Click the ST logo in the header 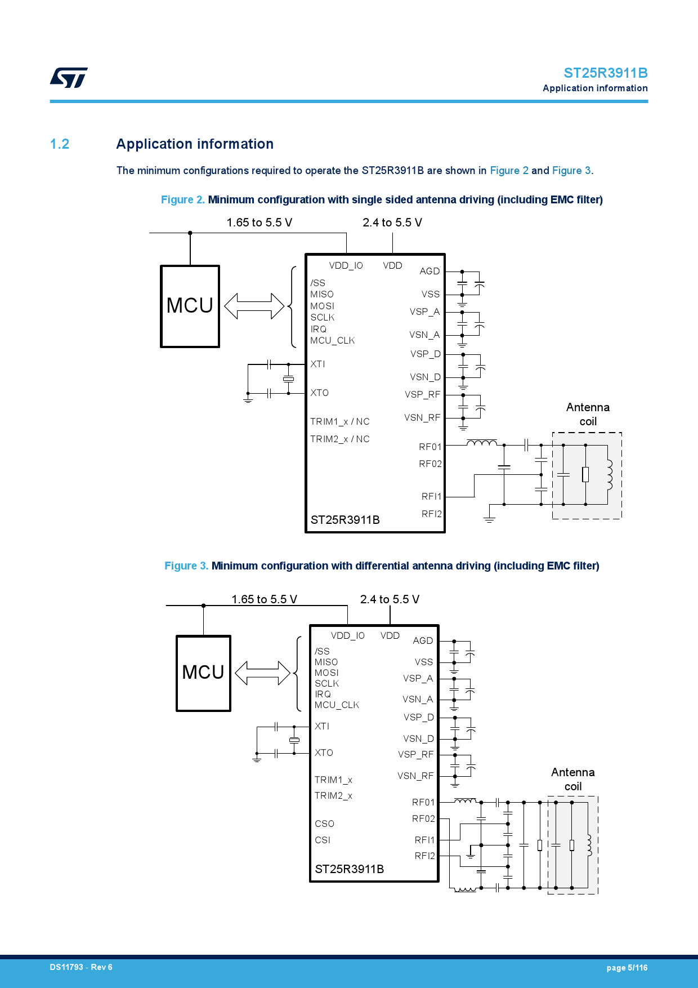click(x=69, y=78)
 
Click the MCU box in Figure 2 click(x=190, y=306)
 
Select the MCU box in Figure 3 click(x=203, y=673)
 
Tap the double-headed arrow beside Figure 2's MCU click(x=254, y=306)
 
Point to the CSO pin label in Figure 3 click(x=324, y=824)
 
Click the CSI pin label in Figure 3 click(x=323, y=840)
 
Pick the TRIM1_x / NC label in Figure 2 click(x=339, y=422)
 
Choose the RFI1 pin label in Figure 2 click(x=431, y=496)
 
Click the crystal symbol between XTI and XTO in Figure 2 click(x=288, y=379)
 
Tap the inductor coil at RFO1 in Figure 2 click(x=482, y=443)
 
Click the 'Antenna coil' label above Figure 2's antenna click(x=588, y=414)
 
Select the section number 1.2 click(x=60, y=144)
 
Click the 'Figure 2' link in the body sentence click(x=509, y=171)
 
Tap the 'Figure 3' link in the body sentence click(x=571, y=171)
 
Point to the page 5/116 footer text click(x=627, y=968)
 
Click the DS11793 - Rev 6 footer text click(x=81, y=967)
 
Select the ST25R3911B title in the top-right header click(x=605, y=73)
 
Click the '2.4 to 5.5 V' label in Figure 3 click(x=390, y=599)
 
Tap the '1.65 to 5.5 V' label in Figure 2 click(x=259, y=222)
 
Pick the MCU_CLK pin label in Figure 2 click(x=332, y=341)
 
